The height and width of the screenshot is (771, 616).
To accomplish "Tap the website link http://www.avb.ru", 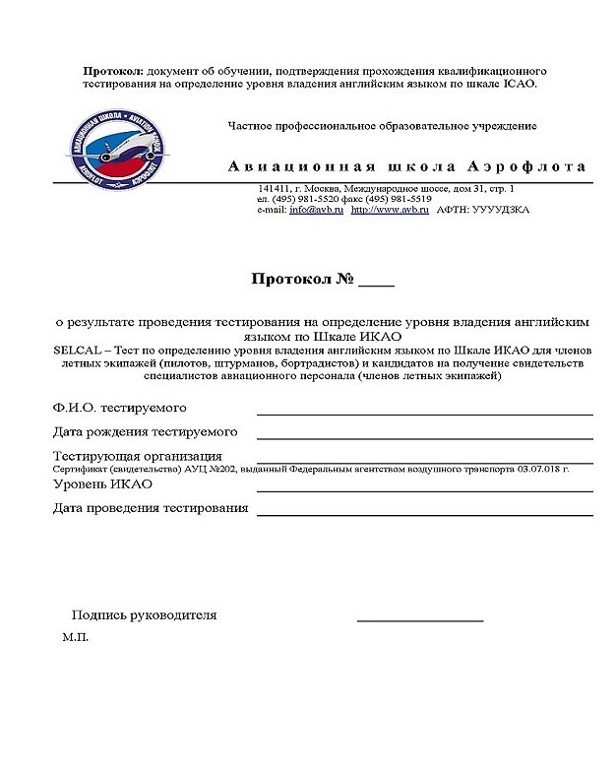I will coord(391,210).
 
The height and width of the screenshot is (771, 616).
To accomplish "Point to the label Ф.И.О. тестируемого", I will coord(119,407).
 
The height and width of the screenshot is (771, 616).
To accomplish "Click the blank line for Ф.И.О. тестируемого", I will coord(424,414).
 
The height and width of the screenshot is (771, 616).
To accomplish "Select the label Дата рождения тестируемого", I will coord(145,431).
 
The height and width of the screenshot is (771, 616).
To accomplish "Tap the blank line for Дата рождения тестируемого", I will coord(424,438).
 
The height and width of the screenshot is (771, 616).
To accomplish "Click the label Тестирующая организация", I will coord(137,456).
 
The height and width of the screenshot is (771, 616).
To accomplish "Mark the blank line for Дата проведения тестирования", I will coord(424,514).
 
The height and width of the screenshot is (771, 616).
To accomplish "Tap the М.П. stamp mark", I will coord(75,638).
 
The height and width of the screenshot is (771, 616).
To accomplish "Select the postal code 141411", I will coord(275,188).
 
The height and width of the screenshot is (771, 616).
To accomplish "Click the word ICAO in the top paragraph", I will coord(520,84).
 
